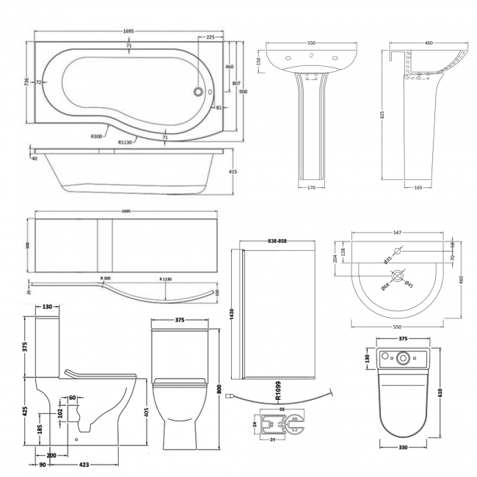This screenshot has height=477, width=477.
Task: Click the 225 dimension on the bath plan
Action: [x=211, y=37]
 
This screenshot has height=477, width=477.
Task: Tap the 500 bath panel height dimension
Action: [x=28, y=247]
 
